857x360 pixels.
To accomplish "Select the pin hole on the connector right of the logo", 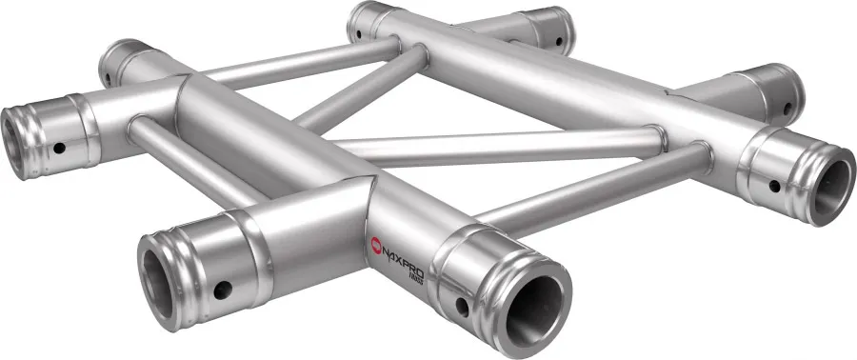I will pos(463,306).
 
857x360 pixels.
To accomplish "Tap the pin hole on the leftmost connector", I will pos(59,149).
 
